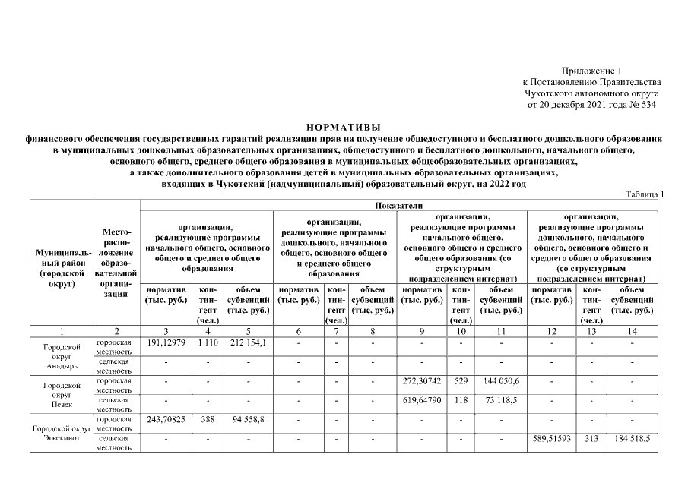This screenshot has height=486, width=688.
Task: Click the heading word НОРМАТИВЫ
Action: (x=343, y=126)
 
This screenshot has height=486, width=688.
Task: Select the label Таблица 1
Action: (x=645, y=194)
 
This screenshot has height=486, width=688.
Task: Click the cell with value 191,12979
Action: (x=165, y=344)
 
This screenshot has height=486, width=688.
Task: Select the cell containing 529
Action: (x=461, y=381)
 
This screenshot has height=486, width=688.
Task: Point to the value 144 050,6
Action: (x=500, y=381)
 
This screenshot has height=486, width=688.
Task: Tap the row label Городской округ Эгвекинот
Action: (x=62, y=433)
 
